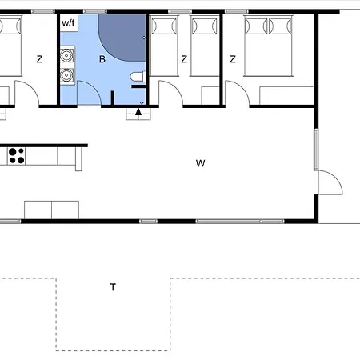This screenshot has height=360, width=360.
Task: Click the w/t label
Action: click(68, 22)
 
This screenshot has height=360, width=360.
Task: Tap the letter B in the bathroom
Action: click(102, 58)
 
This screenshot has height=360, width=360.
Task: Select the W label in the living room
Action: click(200, 163)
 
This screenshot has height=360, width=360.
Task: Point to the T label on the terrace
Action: click(113, 287)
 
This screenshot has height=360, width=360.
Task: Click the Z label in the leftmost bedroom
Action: click(39, 58)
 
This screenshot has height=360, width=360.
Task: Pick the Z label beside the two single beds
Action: click(184, 58)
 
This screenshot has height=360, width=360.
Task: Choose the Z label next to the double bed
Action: click(233, 58)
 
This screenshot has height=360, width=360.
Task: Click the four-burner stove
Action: click(16, 155)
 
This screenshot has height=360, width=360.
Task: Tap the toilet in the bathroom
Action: click(138, 77)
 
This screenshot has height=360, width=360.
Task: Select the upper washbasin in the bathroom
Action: click(67, 56)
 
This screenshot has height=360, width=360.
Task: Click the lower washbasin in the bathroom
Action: click(67, 76)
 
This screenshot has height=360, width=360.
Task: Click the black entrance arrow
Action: click(138, 111)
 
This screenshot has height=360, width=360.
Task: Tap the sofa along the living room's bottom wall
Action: click(51, 210)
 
